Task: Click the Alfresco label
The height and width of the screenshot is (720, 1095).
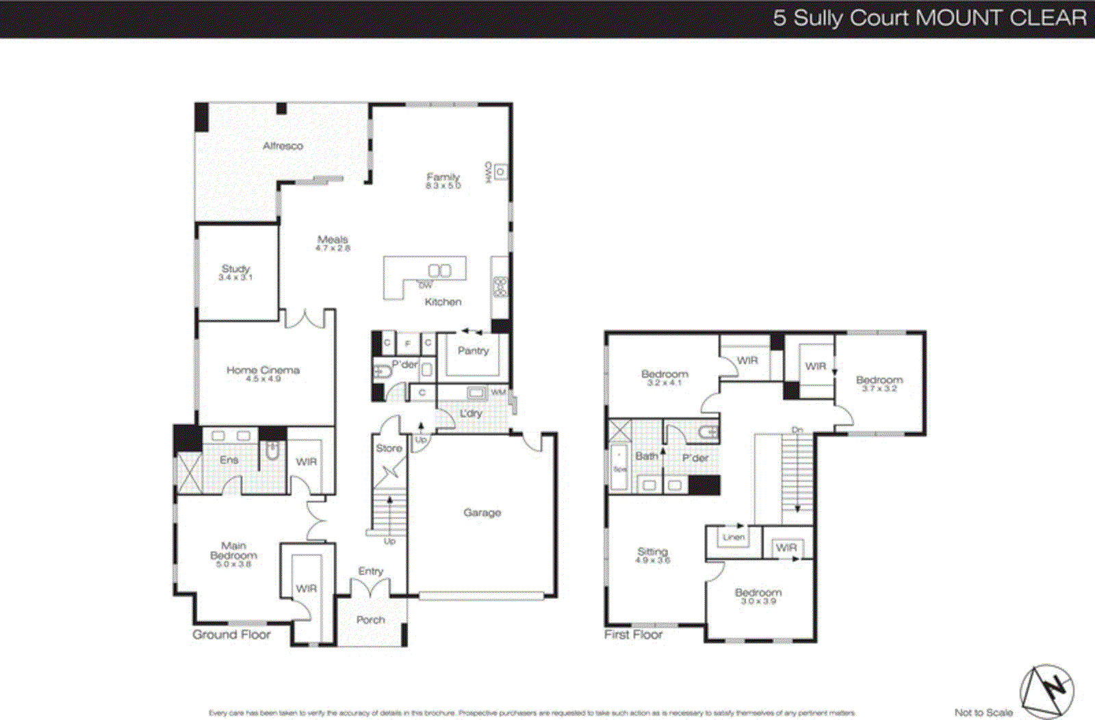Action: tap(283, 146)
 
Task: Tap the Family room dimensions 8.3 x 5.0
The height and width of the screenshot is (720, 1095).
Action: tap(443, 185)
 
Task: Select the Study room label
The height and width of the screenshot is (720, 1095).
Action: tap(235, 269)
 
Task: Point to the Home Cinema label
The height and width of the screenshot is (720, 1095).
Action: tap(263, 370)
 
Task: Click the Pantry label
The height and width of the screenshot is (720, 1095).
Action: tap(473, 350)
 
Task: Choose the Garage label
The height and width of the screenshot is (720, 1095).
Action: tap(482, 513)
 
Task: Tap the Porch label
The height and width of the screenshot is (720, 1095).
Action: tap(370, 620)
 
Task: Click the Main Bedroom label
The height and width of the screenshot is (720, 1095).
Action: tap(233, 551)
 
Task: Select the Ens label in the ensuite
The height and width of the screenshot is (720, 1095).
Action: tap(229, 460)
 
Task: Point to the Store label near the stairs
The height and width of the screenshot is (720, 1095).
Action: tap(389, 448)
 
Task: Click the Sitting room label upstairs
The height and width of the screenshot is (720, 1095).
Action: tap(652, 552)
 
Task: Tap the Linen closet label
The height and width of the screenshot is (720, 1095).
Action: tap(734, 537)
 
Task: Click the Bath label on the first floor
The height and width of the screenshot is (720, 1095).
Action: tap(646, 456)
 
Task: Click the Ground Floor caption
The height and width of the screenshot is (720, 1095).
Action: tap(231, 634)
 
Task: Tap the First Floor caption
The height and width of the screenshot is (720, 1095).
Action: tap(633, 634)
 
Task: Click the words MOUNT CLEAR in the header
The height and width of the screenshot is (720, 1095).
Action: tap(1001, 18)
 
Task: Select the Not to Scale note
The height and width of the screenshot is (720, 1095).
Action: tap(983, 712)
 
